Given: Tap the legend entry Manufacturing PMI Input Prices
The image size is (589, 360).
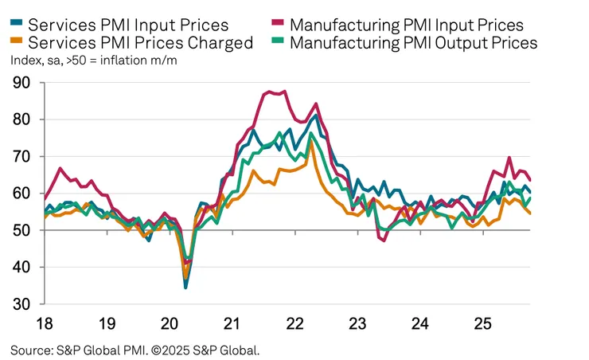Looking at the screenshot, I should (x=406, y=25).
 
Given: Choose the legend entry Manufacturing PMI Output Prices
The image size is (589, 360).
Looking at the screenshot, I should (x=413, y=42).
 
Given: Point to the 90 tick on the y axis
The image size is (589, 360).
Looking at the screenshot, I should (x=22, y=83).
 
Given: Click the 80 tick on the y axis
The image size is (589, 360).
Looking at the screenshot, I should (x=22, y=119).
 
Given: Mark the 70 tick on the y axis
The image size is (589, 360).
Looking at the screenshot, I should (x=22, y=157).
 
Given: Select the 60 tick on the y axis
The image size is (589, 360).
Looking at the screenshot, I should (x=22, y=194).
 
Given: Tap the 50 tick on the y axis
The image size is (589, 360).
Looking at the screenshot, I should (x=22, y=231).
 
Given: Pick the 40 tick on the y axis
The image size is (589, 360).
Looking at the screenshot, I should (x=22, y=268).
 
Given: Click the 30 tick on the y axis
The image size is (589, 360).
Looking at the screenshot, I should (x=22, y=305).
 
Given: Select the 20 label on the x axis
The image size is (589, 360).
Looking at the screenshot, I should (x=170, y=324).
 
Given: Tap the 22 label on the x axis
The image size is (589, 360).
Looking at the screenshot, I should (x=294, y=324).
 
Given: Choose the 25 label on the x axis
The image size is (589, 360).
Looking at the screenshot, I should (x=482, y=324).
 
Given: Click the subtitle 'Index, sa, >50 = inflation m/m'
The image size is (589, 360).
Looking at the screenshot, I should (x=96, y=60).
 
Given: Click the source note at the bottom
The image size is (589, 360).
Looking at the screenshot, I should (x=135, y=350).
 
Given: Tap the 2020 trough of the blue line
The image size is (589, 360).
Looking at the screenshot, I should (x=186, y=287).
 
